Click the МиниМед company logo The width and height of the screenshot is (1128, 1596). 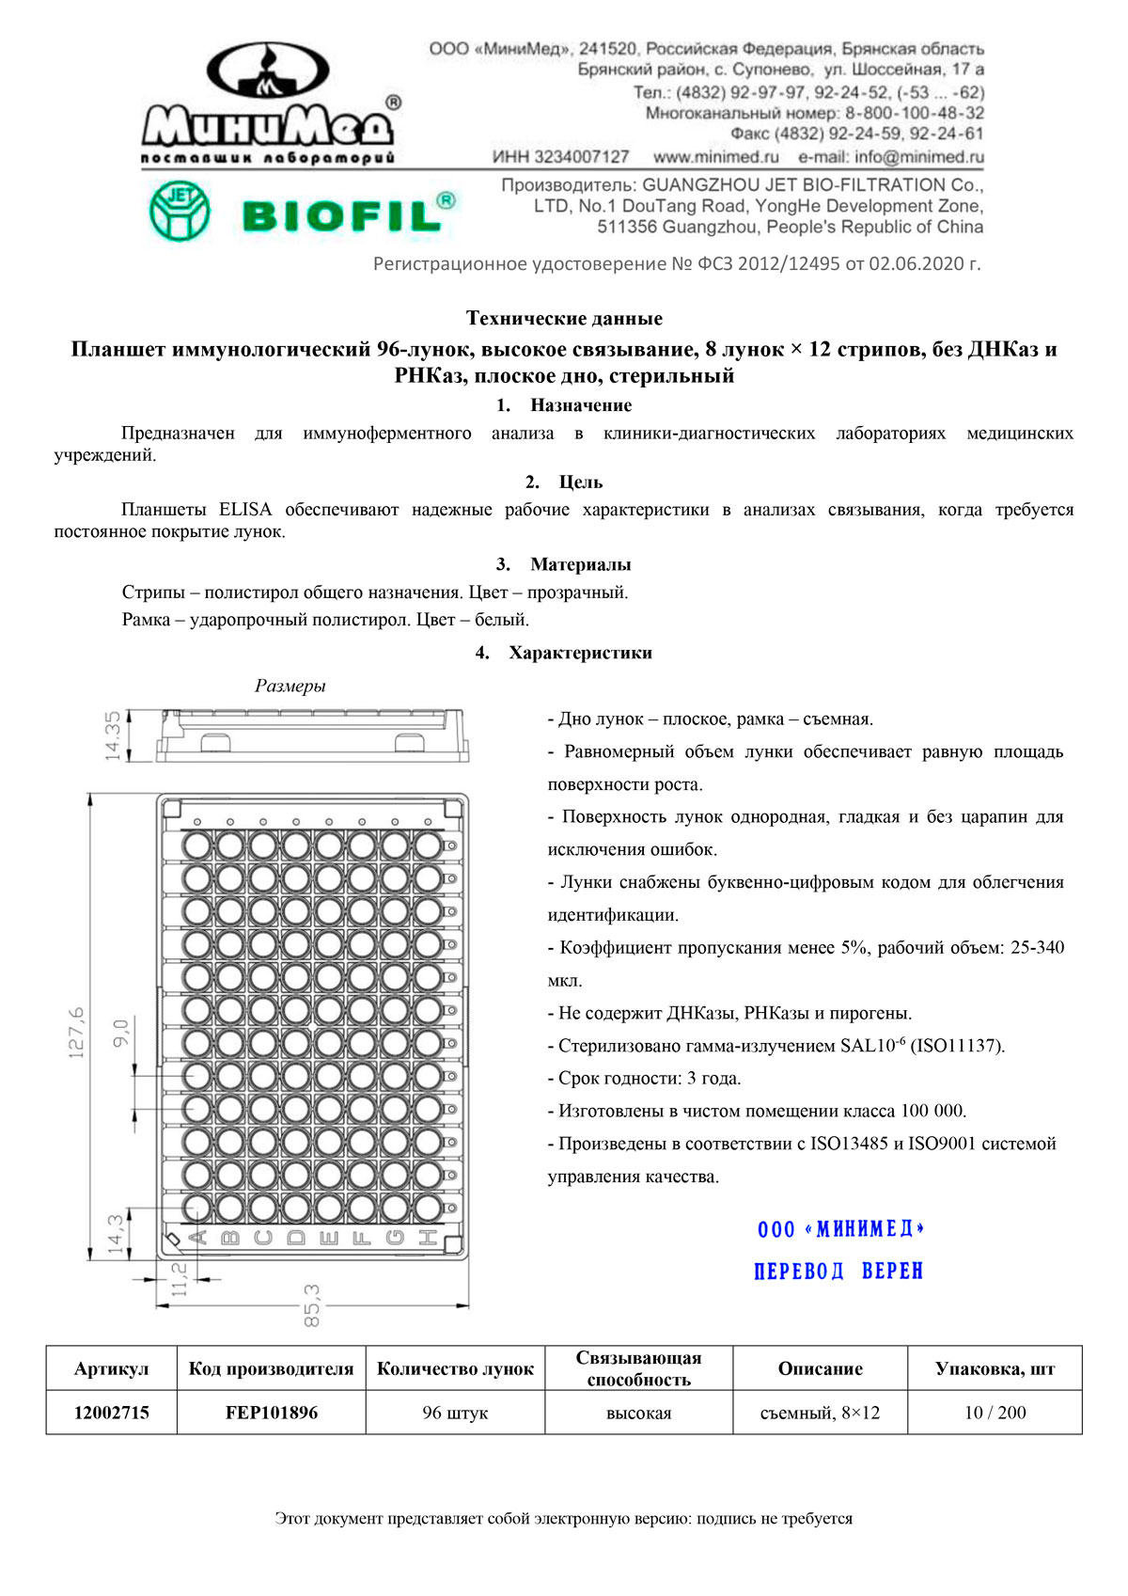[x=268, y=103]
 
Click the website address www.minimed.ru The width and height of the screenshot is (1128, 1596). [x=716, y=157]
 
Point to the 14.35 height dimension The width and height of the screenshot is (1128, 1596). [x=113, y=735]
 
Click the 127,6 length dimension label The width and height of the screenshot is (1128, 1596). [x=76, y=1032]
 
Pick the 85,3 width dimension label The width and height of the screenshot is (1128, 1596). [x=312, y=1305]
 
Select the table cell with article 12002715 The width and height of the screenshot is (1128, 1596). [x=111, y=1413]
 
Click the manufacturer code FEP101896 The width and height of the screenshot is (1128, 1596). [x=271, y=1413]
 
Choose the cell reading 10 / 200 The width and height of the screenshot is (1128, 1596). [x=995, y=1413]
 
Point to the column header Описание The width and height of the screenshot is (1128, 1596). [x=820, y=1368]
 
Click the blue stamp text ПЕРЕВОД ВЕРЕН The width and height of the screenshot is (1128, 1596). [x=838, y=1272]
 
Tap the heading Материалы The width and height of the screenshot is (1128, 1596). [x=580, y=564]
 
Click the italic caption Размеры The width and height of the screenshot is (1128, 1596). [x=290, y=686]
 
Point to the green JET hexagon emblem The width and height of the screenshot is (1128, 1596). [x=179, y=211]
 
